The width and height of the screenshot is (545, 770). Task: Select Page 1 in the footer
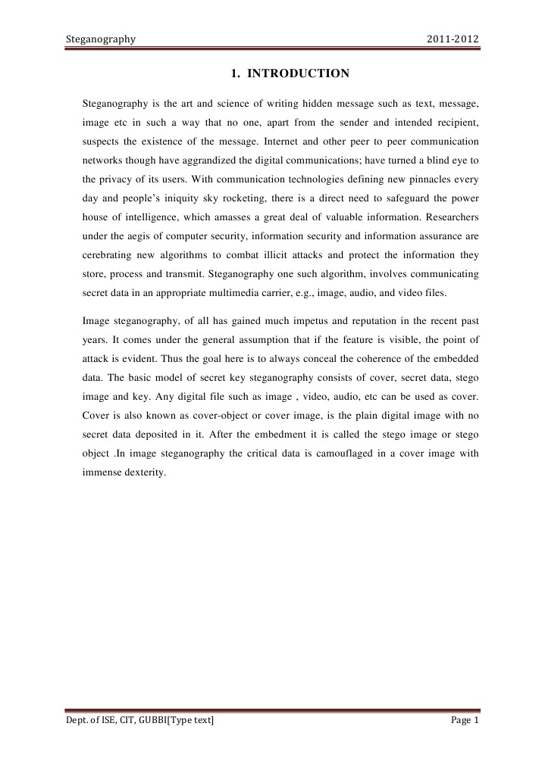(465, 720)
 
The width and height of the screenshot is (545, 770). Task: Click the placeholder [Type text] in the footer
(190, 720)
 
